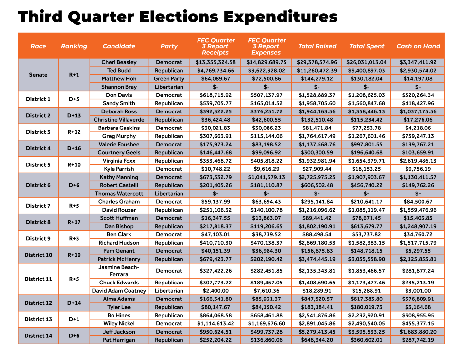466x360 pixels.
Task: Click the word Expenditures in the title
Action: [281, 17]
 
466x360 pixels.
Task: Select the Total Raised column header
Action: [317, 46]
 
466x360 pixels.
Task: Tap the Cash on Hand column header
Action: [418, 46]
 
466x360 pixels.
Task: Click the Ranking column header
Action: [74, 46]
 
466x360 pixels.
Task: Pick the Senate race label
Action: [38, 75]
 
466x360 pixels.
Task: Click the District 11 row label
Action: [38, 279]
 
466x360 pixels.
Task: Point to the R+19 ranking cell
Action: [74, 255]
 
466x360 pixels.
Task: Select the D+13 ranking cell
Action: [74, 115]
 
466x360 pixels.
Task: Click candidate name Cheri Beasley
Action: [119, 62]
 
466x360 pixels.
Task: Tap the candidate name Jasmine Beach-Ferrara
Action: [119, 271]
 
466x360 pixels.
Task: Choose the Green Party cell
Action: [169, 79]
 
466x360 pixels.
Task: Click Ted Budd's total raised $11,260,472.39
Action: [317, 71]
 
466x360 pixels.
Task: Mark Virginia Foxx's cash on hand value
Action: [418, 161]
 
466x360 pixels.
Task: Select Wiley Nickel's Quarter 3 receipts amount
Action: [216, 324]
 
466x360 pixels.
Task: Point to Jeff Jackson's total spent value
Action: [366, 332]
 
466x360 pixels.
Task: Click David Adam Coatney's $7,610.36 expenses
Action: [266, 291]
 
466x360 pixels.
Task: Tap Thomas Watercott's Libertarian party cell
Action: [169, 194]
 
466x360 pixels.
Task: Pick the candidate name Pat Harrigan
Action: [119, 340]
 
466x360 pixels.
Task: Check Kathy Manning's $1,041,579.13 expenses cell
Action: [266, 177]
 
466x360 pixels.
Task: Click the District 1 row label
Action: [38, 99]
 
